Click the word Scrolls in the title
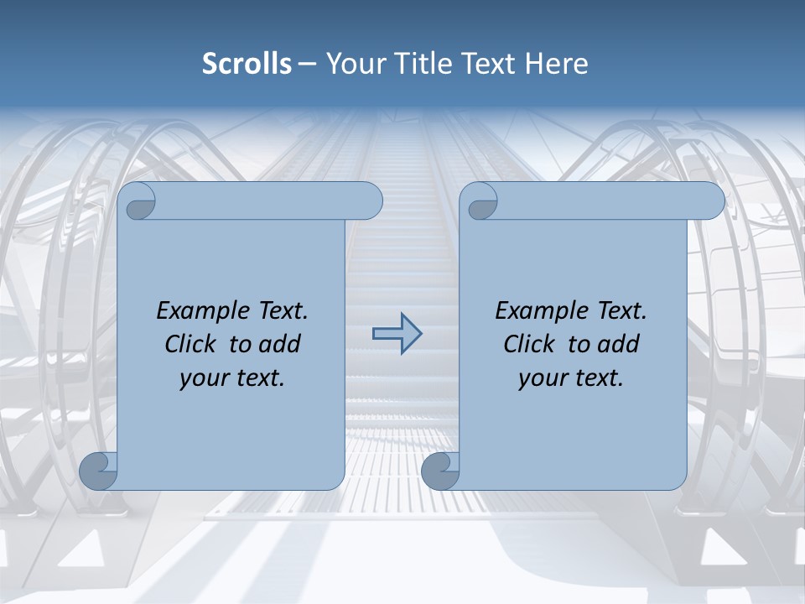(247, 64)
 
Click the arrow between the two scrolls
(397, 333)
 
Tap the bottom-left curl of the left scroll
(99, 471)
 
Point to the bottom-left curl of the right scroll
(441, 471)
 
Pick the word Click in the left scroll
(192, 344)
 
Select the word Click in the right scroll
(530, 344)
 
